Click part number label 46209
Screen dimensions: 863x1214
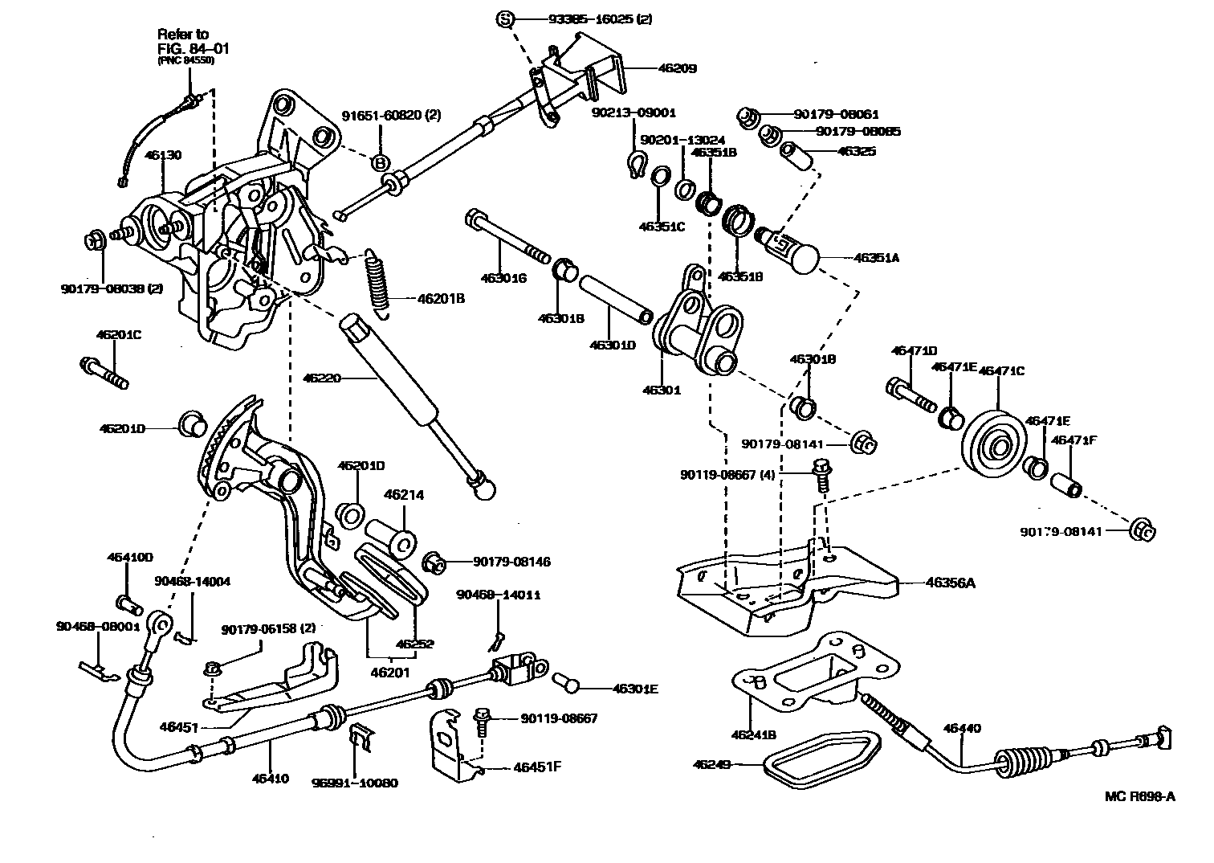[677, 68]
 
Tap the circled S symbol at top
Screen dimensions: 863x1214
[504, 18]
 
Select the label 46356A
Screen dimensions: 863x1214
[950, 582]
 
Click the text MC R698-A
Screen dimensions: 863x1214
[1139, 796]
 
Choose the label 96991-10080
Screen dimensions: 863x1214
[366, 783]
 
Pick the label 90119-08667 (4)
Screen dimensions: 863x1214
[727, 475]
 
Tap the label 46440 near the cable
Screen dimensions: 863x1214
[962, 729]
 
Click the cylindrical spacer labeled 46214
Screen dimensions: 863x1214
[391, 538]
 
